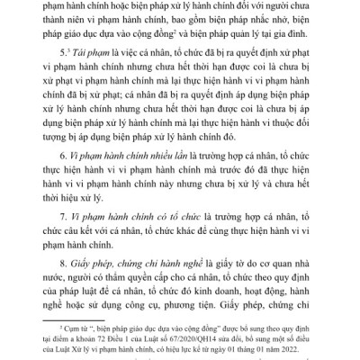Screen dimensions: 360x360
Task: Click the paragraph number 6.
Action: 78,178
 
